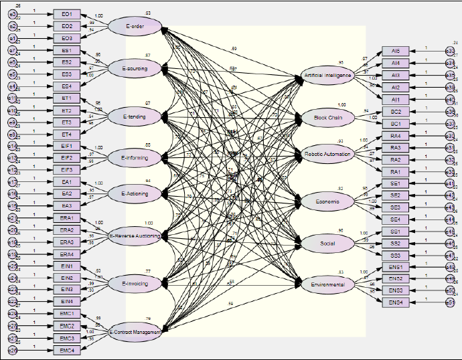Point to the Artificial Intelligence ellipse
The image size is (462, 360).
326,76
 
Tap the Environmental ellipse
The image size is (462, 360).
327,285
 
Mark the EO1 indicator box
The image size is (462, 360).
66,14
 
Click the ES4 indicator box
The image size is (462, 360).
66,86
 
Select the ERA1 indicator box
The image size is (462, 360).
66,218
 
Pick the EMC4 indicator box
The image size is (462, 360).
66,350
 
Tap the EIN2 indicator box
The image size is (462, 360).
66,278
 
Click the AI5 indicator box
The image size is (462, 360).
395,51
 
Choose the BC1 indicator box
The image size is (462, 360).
395,124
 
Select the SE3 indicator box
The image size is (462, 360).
395,207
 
